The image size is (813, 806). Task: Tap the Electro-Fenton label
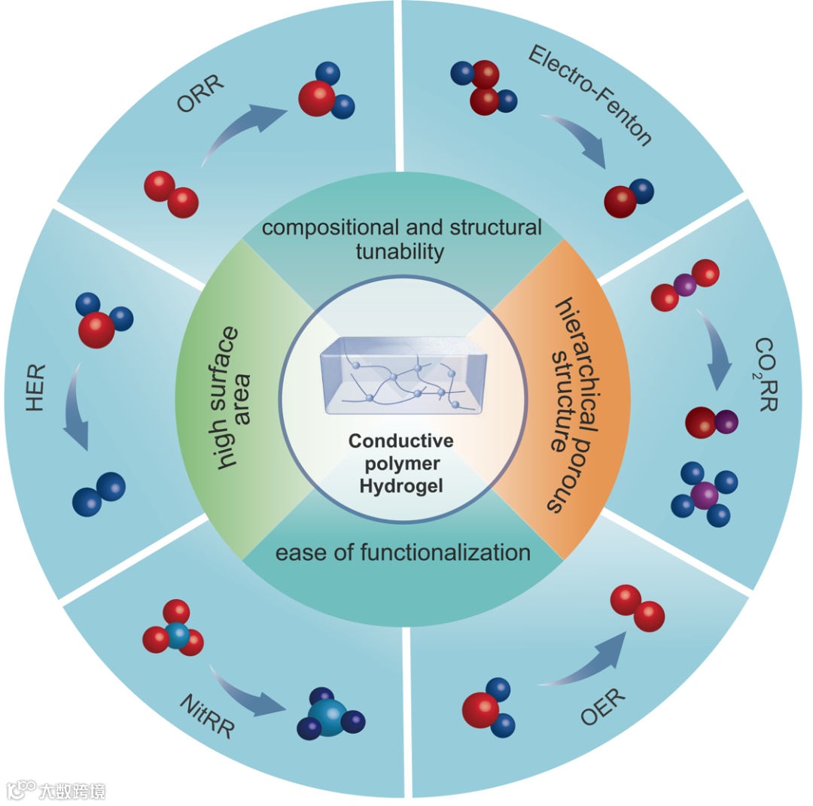[589, 93]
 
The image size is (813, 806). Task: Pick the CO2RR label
[767, 373]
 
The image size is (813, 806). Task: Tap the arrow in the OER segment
[587, 662]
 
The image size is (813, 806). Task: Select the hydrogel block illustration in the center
[403, 376]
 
